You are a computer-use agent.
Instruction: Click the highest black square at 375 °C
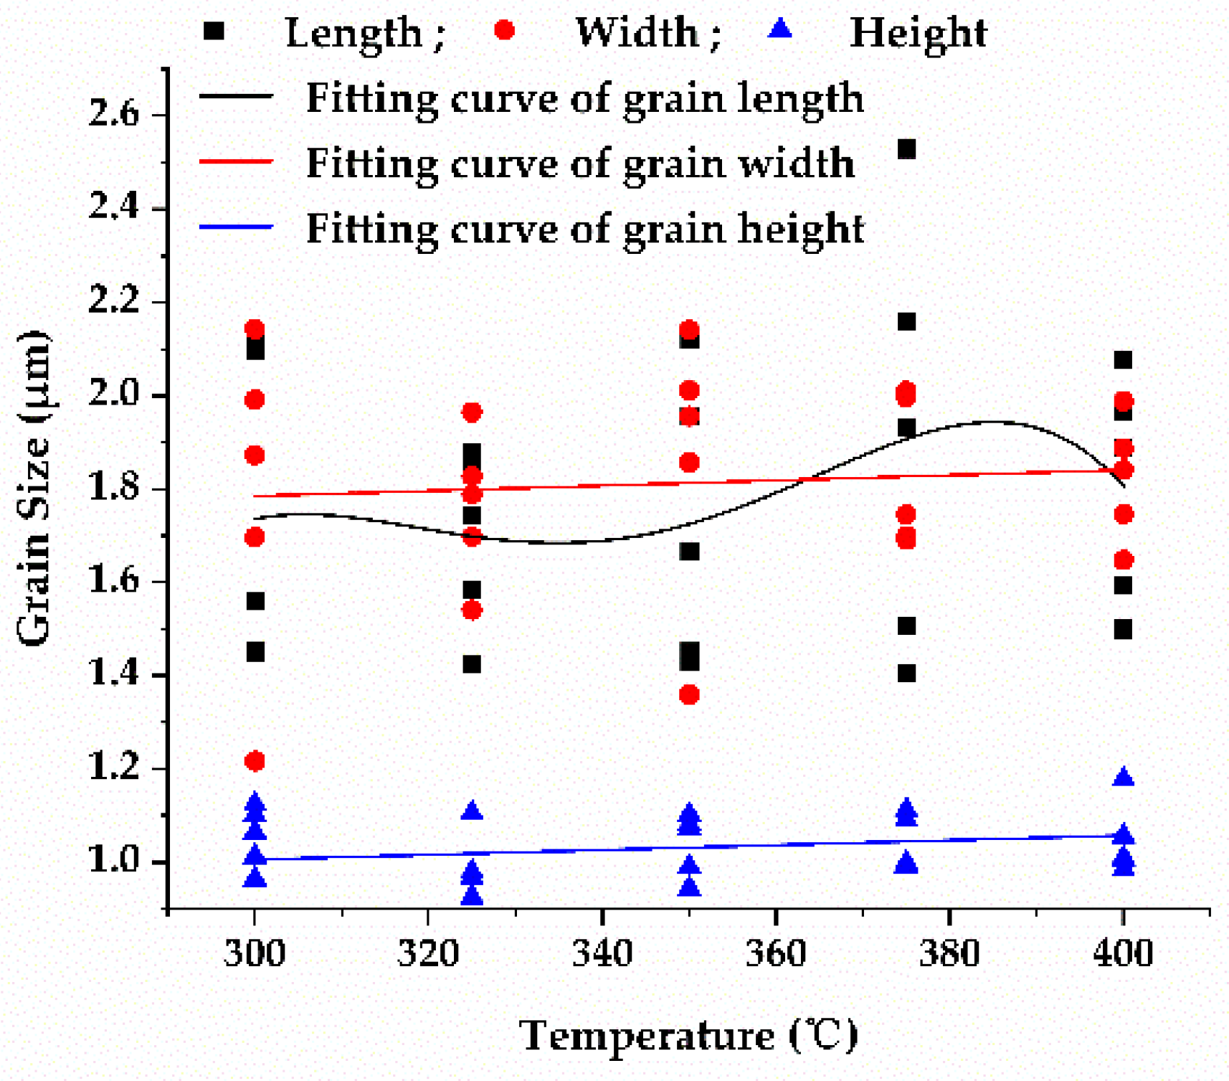(906, 149)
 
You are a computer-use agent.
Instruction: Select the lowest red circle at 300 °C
(255, 760)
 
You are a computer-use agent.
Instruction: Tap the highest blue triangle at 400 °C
(1123, 777)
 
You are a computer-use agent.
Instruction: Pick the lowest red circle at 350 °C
(689, 694)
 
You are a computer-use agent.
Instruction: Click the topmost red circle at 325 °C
(472, 412)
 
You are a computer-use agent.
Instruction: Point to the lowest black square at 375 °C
(906, 674)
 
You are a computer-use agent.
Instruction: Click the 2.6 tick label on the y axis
(114, 114)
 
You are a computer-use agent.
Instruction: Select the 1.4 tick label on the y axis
(114, 675)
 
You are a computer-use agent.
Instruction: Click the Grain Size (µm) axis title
(34, 488)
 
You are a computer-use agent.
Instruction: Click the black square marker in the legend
(214, 31)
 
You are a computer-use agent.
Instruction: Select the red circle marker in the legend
(504, 30)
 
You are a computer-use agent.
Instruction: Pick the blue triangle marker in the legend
(780, 29)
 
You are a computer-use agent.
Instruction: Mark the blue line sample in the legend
(236, 227)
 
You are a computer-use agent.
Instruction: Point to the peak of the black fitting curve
(995, 422)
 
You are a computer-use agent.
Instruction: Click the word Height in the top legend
(918, 33)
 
